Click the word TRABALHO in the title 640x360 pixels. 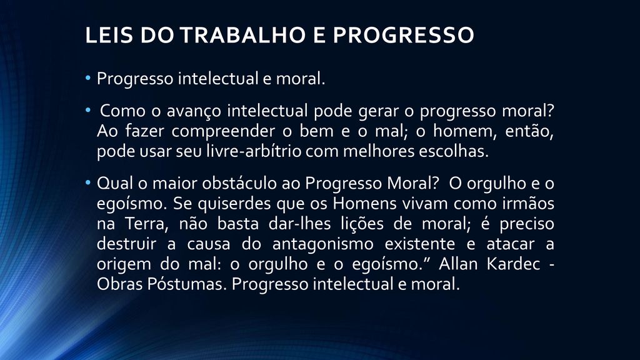pyautogui.click(x=243, y=35)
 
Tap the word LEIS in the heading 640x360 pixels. pyautogui.click(x=109, y=35)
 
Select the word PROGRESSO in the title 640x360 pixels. pyautogui.click(x=403, y=35)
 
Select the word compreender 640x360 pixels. pyautogui.click(x=223, y=132)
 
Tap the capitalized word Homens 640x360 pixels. pyautogui.click(x=364, y=203)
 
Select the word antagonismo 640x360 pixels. pyautogui.click(x=323, y=244)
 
